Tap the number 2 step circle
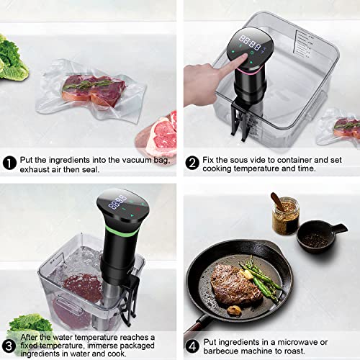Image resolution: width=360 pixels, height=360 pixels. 192,163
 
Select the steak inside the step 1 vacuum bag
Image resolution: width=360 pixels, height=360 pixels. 90,89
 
